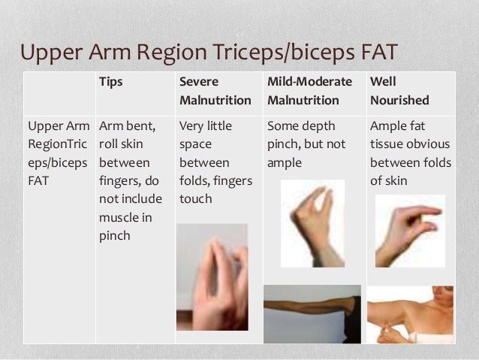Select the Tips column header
click(x=112, y=80)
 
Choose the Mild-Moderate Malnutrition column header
click(x=303, y=90)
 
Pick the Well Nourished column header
click(x=399, y=90)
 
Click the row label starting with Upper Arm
click(x=59, y=153)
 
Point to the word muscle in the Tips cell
click(x=119, y=218)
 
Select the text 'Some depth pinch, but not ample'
click(x=303, y=144)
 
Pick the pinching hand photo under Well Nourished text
click(x=409, y=231)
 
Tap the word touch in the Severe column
click(x=195, y=199)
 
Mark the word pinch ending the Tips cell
click(x=115, y=236)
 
